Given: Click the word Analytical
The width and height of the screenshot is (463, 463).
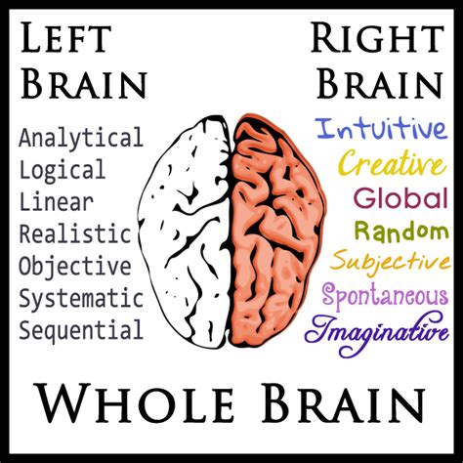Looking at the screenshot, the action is tap(81, 138).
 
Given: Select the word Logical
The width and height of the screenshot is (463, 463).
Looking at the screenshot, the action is tap(63, 170).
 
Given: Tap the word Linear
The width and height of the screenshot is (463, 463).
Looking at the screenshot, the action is tap(57, 202).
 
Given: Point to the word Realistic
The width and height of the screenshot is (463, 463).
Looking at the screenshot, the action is tap(75, 233).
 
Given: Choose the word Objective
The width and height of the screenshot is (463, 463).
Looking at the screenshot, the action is tap(75, 267).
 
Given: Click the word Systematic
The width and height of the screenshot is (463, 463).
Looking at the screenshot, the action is tap(81, 299).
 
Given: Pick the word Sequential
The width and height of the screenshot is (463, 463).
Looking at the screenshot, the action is tap(81, 330).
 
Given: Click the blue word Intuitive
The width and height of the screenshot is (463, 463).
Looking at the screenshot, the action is tap(381, 129).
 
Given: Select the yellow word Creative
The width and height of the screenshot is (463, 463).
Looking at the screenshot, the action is tap(392, 162).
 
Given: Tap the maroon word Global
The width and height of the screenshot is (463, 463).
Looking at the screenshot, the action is tap(400, 197).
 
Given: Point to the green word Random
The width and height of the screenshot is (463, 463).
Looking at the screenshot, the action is tap(401, 231).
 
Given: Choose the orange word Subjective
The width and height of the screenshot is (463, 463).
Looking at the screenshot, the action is tap(391, 263).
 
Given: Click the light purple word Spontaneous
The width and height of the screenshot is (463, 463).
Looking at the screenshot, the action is tap(385, 296).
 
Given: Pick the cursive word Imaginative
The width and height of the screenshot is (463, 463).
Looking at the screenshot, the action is tap(377, 333).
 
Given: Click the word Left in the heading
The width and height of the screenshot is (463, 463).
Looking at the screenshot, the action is tap(65, 37).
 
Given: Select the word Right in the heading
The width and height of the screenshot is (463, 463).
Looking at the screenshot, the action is tap(377, 37).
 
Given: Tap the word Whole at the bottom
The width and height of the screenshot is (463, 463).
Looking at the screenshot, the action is tap(136, 403).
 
